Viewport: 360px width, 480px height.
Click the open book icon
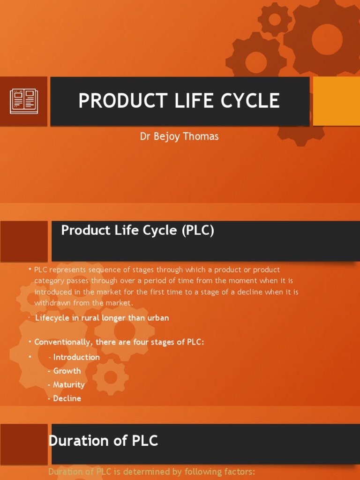(24, 101)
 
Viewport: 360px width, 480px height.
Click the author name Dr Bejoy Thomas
(180, 136)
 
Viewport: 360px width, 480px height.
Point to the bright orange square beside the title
(336, 101)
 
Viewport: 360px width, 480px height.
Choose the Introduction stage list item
(76, 357)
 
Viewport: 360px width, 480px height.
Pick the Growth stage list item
(67, 371)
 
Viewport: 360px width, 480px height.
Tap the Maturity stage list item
(68, 385)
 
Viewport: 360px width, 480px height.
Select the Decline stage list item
(67, 398)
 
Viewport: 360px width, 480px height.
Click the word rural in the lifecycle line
(90, 318)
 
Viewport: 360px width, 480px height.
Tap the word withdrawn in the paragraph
(52, 303)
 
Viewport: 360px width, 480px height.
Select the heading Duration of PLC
(103, 441)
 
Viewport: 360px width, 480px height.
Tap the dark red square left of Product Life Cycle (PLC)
(24, 241)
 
